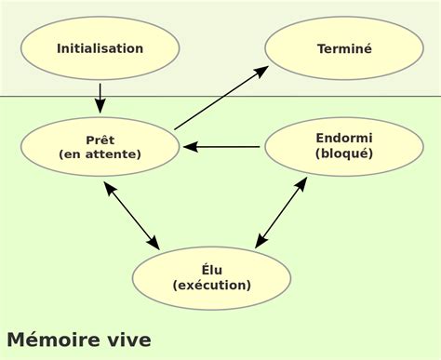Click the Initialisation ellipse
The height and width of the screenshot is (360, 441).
(x=100, y=48)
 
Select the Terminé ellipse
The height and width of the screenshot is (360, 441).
(x=344, y=48)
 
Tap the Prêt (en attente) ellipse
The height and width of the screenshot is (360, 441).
(x=100, y=146)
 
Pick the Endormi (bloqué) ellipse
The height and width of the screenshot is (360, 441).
(x=344, y=146)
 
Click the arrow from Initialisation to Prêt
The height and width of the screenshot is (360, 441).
(x=100, y=97)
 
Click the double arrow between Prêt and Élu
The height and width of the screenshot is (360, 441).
(x=131, y=215)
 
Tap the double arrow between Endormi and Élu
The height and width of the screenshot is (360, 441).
(x=281, y=212)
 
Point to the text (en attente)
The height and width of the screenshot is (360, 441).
(x=100, y=154)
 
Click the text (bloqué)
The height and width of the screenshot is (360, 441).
(x=344, y=154)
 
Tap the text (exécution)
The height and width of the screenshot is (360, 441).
(x=211, y=286)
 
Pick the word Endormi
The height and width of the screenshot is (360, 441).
(x=344, y=138)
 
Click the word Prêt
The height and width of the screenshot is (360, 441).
(x=100, y=139)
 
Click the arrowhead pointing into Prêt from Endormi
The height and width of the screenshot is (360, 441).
(x=189, y=146)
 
